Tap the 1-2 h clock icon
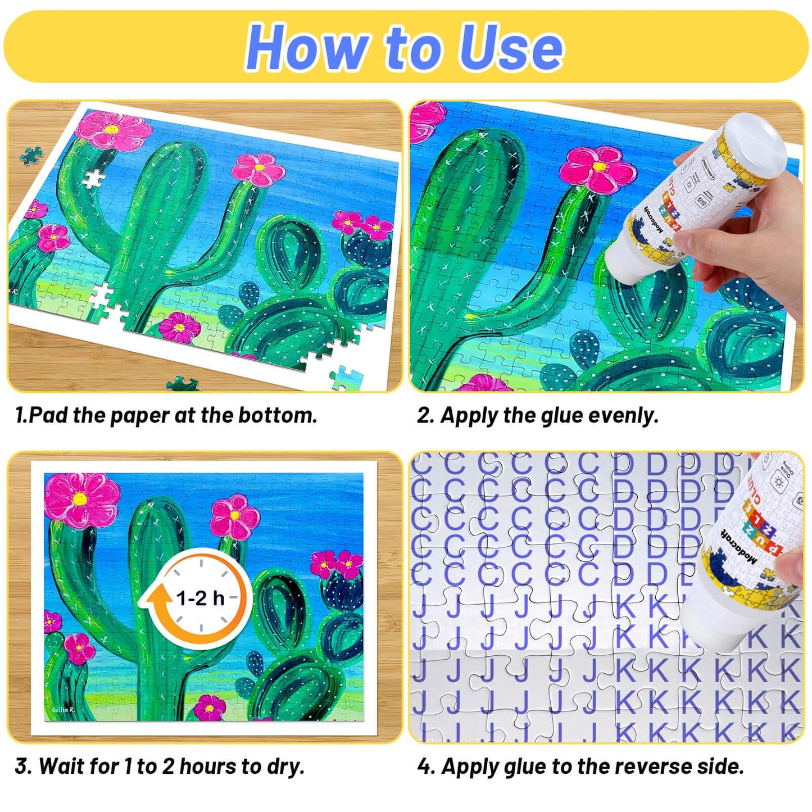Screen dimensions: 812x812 pyautogui.click(x=200, y=597)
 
